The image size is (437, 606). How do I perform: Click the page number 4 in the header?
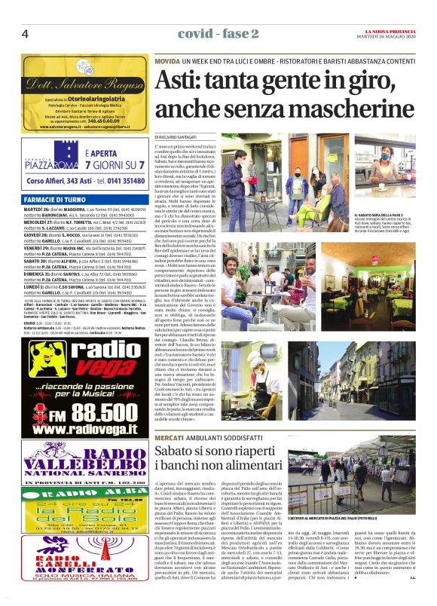point(25,34)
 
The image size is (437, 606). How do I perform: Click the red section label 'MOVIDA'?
point(168,60)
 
